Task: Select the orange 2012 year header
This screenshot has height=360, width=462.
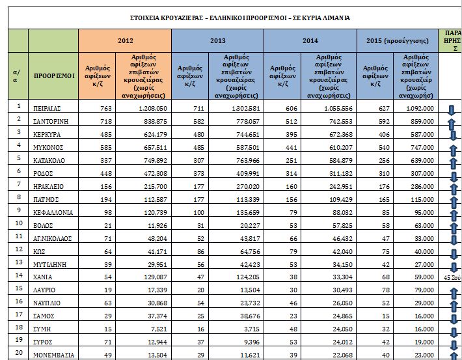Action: (124, 40)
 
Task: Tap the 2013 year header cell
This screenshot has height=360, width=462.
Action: (217, 40)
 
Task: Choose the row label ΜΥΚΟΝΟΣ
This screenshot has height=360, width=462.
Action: (49, 147)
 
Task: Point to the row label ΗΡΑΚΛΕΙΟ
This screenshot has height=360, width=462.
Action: (49, 186)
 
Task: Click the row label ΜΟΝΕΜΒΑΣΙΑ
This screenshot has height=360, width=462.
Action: (54, 355)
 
